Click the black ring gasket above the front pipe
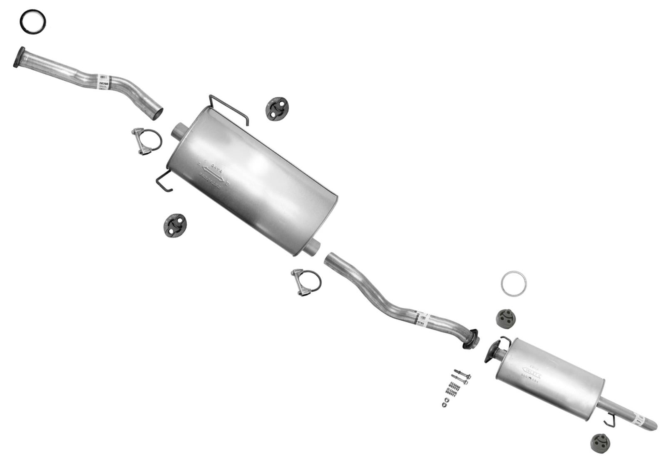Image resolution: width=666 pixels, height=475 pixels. [33, 22]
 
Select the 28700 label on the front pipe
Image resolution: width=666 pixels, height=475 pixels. [103, 83]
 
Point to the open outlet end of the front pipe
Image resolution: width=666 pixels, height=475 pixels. [157, 112]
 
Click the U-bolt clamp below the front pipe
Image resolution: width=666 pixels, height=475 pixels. [147, 141]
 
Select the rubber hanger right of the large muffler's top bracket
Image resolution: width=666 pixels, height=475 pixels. [277, 109]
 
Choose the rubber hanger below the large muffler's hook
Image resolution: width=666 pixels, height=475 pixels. [175, 225]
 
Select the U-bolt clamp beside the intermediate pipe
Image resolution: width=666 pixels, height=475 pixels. [306, 282]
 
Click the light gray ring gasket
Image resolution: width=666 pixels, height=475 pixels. [513, 283]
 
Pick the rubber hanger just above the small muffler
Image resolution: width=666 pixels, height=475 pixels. [506, 318]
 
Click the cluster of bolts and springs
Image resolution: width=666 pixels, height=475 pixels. [455, 387]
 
